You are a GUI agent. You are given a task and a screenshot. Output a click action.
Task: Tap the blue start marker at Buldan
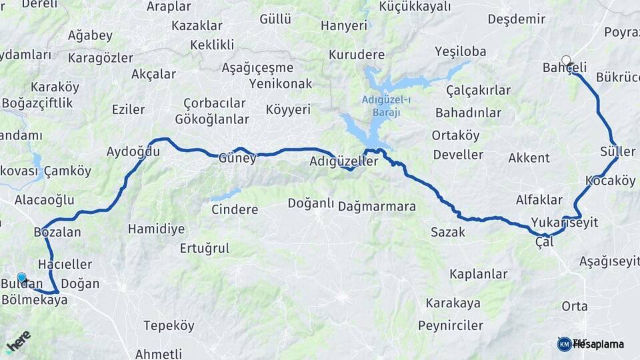tap(21, 278)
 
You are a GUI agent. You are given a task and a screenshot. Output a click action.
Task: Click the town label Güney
tap(237, 159)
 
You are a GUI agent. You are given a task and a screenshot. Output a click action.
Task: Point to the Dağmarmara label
tap(377, 207)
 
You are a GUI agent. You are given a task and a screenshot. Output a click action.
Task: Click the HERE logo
tap(18, 341)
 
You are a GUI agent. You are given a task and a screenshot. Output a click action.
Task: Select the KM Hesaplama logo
tap(590, 344)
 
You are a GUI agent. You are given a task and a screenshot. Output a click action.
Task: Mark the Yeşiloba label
tap(460, 51)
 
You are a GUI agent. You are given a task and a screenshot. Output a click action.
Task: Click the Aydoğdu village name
tap(133, 152)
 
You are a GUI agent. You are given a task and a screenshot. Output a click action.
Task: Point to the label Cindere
tap(234, 209)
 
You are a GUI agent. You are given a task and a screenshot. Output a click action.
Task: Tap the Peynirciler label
tap(450, 325)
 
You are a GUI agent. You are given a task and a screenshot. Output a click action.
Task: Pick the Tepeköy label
tap(169, 325)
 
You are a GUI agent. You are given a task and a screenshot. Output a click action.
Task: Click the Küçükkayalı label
tap(415, 6)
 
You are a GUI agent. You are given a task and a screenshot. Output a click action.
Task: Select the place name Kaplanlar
tap(478, 274)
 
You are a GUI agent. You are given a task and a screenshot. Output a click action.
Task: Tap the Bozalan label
tap(57, 233)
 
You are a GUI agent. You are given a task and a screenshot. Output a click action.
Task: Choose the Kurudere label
tap(357, 55)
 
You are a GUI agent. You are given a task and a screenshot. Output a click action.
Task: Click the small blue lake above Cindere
tap(225, 195)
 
